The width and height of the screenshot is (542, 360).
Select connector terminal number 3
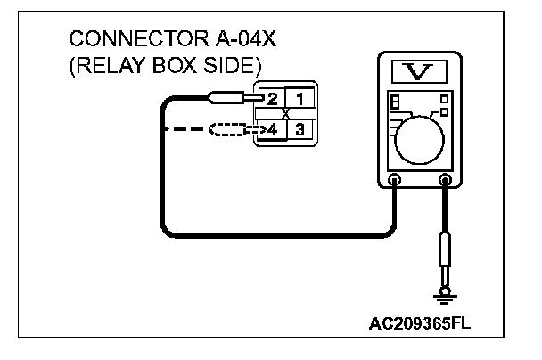coord(300,130)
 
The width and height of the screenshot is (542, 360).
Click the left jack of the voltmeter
coord(396,181)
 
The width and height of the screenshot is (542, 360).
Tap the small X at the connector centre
coord(285,114)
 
